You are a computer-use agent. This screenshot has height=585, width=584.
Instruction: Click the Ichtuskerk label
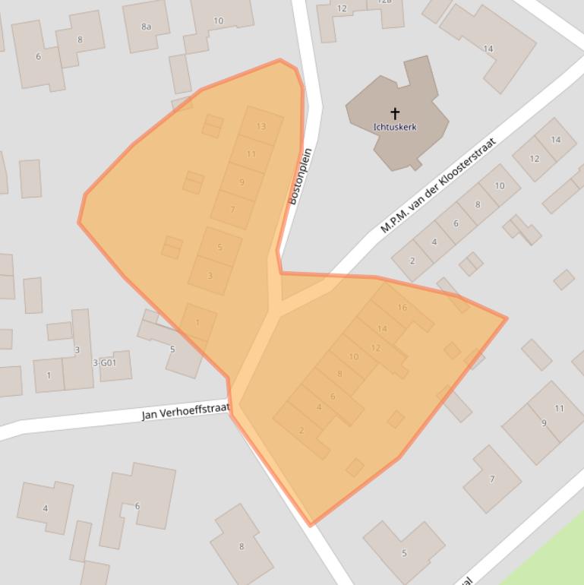395,127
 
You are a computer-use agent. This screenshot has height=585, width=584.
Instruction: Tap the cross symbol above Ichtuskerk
395,114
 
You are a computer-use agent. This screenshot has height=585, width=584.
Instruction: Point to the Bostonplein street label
301,176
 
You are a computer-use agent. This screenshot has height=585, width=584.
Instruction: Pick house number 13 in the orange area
261,126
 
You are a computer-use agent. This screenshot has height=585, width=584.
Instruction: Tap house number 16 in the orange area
402,308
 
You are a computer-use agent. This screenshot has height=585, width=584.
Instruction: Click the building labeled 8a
146,27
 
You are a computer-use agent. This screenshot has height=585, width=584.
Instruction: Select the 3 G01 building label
105,363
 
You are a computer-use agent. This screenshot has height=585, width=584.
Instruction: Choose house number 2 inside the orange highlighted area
301,431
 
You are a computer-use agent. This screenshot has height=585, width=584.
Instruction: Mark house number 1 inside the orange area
197,322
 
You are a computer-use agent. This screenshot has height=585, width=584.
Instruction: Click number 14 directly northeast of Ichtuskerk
488,49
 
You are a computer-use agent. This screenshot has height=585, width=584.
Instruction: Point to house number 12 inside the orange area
375,348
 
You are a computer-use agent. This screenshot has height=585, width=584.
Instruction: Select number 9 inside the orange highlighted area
242,182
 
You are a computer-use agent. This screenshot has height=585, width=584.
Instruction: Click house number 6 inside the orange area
333,397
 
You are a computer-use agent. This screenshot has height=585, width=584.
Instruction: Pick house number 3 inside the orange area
210,276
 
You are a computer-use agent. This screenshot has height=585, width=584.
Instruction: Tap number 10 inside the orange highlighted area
354,357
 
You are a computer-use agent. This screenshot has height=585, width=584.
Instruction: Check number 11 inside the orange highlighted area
251,154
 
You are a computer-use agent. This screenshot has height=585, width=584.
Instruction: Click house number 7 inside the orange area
232,210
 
